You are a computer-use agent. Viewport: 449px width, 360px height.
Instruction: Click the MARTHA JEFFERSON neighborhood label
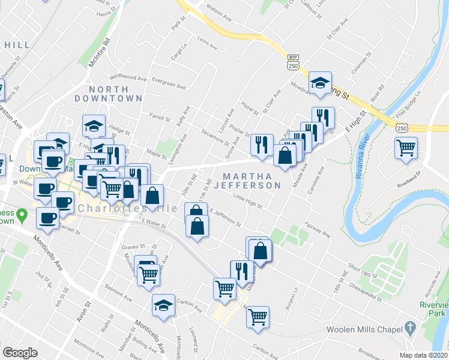[252, 180]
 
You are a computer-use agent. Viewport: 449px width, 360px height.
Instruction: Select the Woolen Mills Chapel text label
[364, 329]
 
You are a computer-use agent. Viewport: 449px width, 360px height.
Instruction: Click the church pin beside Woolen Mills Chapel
[410, 328]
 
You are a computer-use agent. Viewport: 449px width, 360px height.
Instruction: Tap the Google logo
[20, 352]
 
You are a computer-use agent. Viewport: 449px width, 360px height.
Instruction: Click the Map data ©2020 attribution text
[424, 355]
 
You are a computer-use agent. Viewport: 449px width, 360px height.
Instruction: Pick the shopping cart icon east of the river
[406, 147]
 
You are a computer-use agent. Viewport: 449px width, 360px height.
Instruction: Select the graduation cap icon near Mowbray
[321, 83]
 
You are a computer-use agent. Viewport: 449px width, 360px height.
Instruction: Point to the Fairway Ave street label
[318, 229]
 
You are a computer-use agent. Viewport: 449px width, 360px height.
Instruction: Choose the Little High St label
[248, 201]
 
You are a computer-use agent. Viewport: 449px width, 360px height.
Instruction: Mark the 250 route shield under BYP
[293, 65]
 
